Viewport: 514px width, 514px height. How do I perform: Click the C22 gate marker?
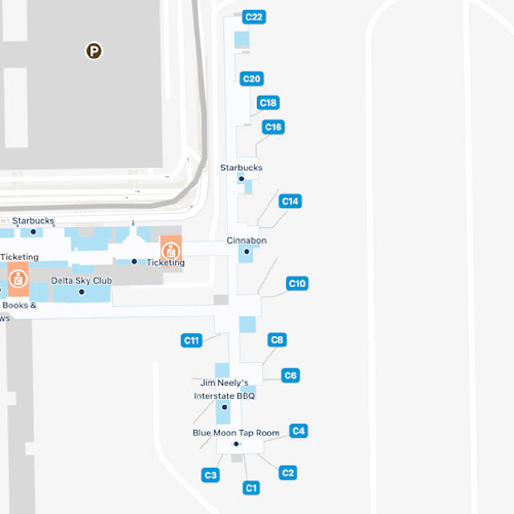click(x=254, y=17)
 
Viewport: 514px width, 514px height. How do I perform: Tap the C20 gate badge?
click(x=252, y=79)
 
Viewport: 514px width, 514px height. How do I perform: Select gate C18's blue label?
click(x=268, y=103)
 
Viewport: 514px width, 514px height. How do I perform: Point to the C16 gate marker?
click(x=273, y=127)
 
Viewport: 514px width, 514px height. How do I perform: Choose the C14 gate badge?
click(x=290, y=201)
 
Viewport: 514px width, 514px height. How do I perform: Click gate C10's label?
click(x=297, y=284)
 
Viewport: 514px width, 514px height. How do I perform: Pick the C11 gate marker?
click(x=191, y=340)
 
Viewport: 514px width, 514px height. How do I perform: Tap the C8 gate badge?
click(x=277, y=340)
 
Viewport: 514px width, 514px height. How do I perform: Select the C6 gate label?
click(x=290, y=376)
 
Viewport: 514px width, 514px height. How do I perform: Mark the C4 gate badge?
click(x=298, y=431)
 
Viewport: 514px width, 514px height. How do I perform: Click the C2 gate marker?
click(x=288, y=473)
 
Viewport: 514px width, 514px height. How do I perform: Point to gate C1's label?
click(x=251, y=488)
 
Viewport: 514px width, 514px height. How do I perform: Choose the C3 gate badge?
click(x=210, y=475)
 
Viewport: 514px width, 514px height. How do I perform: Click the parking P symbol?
click(x=94, y=51)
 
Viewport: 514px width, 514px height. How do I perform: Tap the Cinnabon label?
click(x=246, y=241)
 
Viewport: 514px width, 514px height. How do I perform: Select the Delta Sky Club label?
click(x=81, y=281)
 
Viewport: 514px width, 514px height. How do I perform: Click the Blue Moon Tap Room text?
click(x=236, y=433)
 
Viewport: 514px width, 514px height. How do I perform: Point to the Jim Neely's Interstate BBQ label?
click(x=224, y=389)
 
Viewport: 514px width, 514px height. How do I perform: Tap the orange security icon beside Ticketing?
click(x=170, y=250)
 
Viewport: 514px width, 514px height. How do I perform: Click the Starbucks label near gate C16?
click(x=241, y=168)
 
